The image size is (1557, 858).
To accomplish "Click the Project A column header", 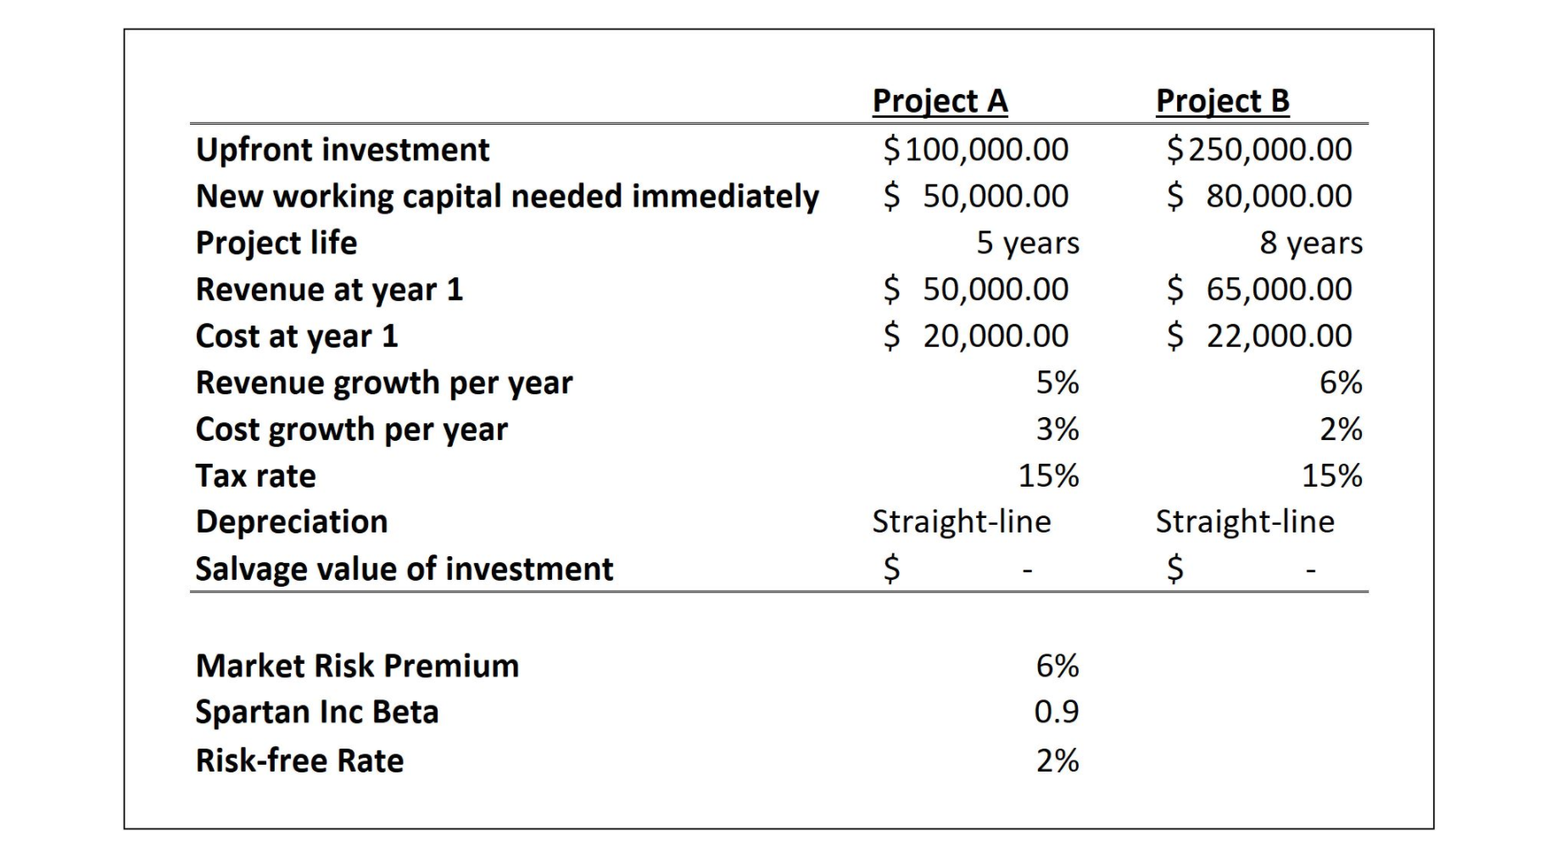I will (940, 101).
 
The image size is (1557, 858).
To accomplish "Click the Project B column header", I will (1222, 101).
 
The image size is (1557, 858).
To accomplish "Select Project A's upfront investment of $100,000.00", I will (976, 150).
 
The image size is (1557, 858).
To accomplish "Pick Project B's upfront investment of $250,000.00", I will (1259, 150).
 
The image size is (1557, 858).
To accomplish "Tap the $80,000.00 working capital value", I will (1259, 197).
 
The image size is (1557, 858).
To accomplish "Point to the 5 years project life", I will (1028, 243).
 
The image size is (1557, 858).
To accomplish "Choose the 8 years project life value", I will (1311, 243).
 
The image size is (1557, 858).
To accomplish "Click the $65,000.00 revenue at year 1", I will (1259, 290).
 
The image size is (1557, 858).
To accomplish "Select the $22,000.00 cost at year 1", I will (1259, 337).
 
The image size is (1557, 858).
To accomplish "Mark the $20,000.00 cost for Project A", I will (976, 337).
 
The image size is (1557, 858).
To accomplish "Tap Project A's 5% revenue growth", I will (1058, 383).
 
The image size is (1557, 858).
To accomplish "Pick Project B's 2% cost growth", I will (1341, 430).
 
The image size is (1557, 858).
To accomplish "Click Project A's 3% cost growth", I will (1058, 430).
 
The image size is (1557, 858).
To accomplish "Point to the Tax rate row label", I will (255, 476).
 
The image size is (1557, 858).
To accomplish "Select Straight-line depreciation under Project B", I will (1245, 522).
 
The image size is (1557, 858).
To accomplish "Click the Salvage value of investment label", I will (404, 569).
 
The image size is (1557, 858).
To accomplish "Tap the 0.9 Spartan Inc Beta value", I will (1057, 712).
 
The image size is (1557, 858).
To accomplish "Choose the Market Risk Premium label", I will (357, 666).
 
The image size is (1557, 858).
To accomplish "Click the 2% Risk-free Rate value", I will (1058, 761).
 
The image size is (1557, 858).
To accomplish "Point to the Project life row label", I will (276, 243).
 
